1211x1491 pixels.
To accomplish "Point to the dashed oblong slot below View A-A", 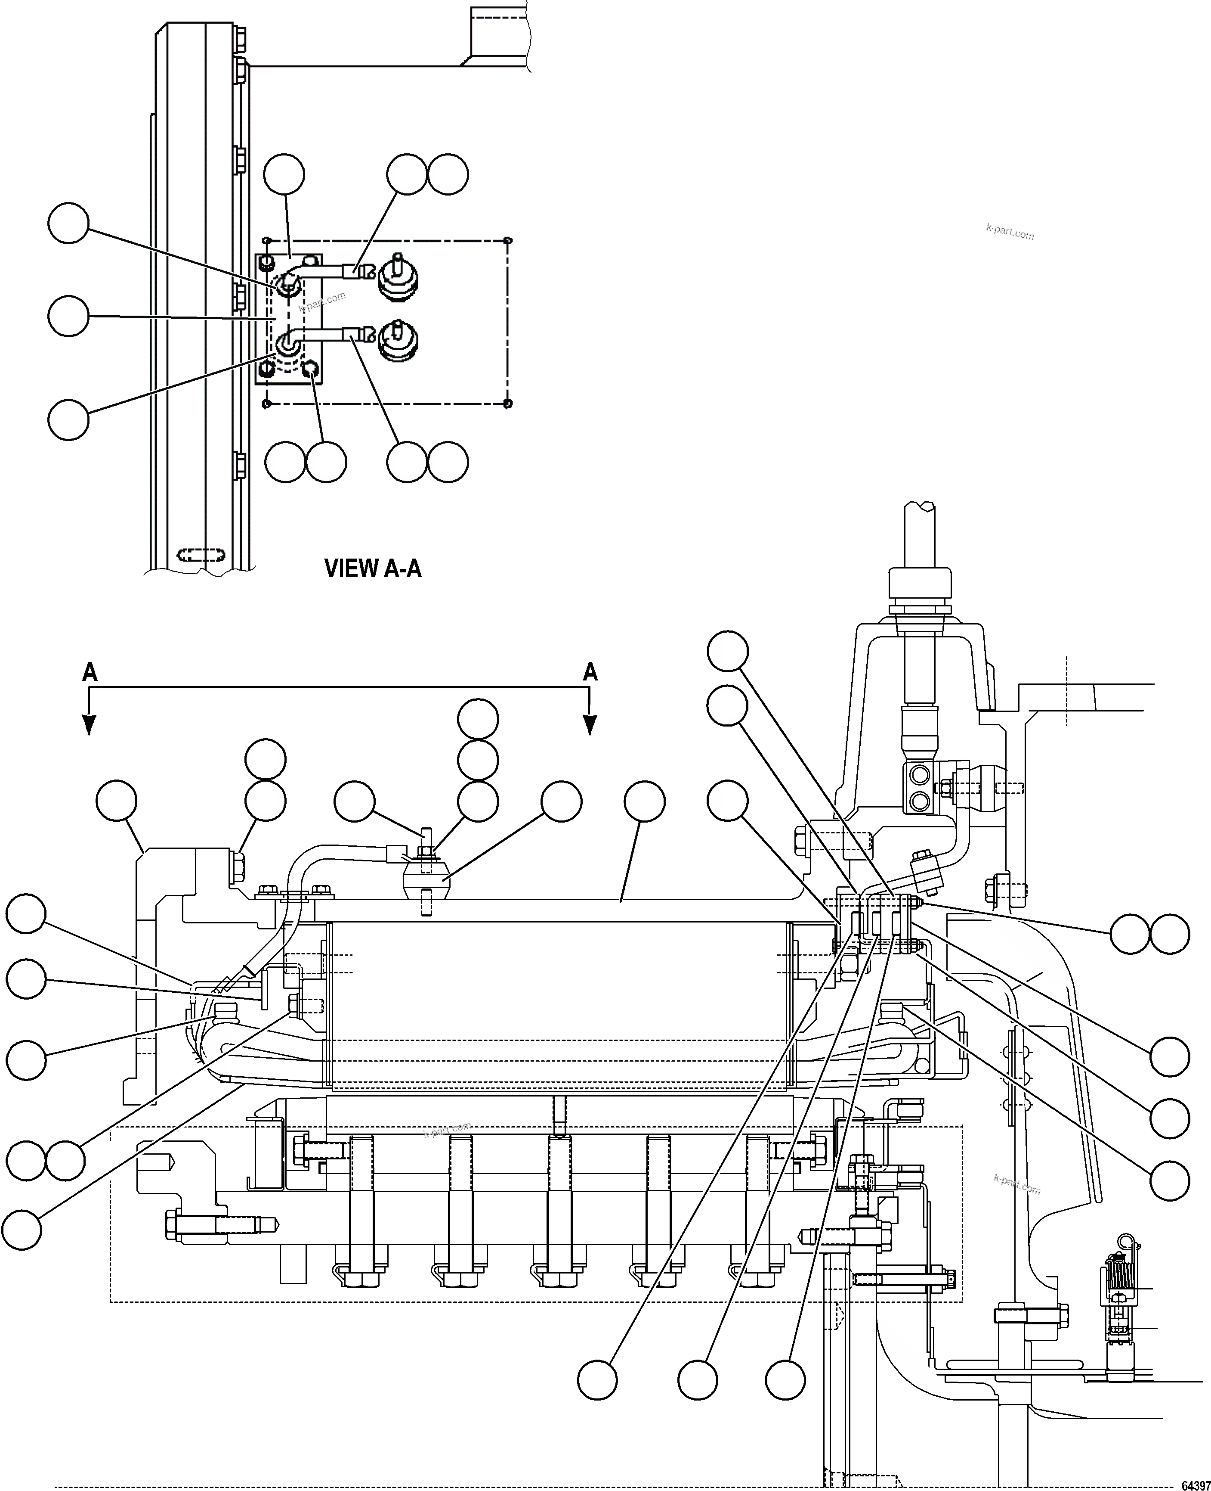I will [201, 556].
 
